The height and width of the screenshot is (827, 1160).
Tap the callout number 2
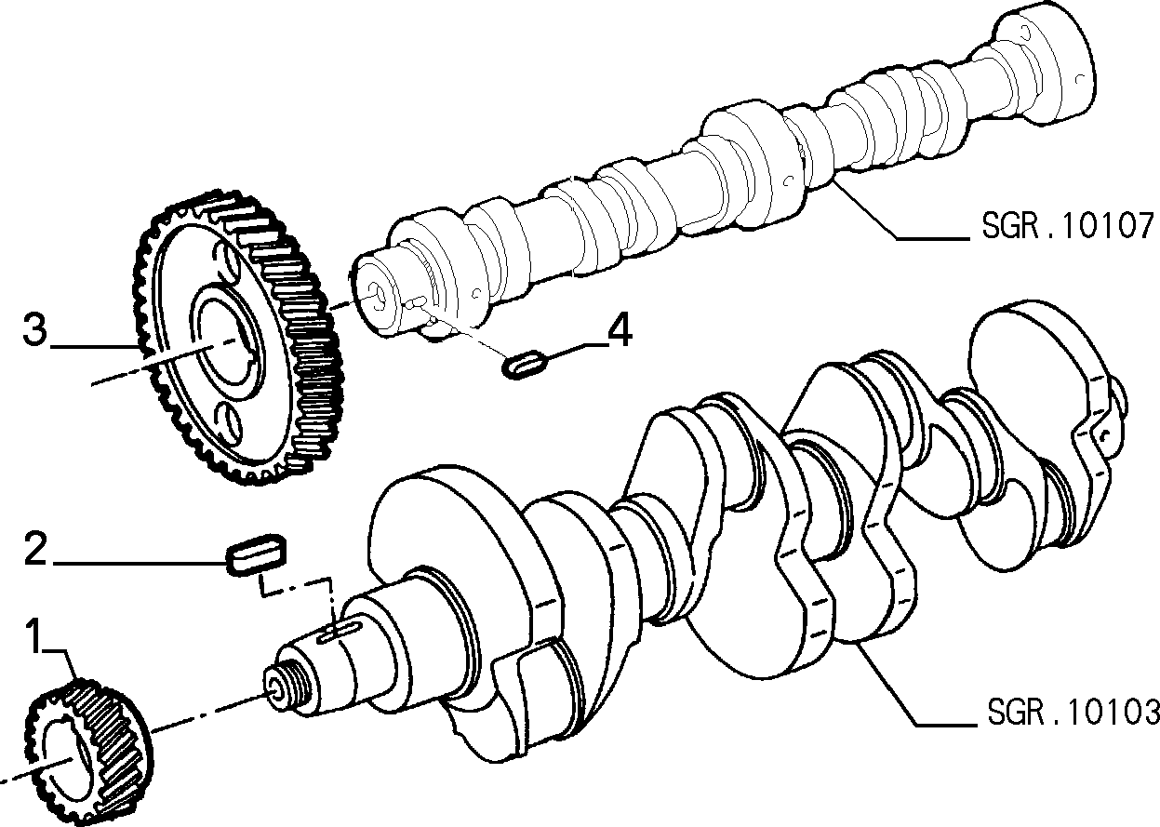(x=35, y=549)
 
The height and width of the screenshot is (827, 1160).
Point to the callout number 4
(x=619, y=329)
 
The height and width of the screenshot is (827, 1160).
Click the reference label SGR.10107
(x=1069, y=226)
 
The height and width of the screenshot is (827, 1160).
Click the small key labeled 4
(x=525, y=365)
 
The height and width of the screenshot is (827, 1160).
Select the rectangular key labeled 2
(x=256, y=554)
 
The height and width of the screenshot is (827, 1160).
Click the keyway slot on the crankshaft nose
(x=339, y=634)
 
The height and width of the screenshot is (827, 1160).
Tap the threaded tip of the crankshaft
(x=284, y=687)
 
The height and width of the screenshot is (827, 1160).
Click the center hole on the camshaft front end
(x=376, y=294)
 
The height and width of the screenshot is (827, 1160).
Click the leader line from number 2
(x=139, y=563)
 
